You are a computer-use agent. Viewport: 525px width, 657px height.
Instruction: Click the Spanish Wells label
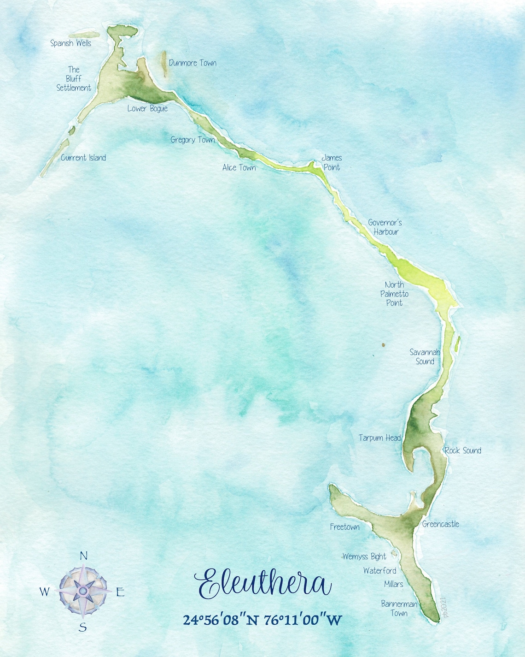pyautogui.click(x=70, y=43)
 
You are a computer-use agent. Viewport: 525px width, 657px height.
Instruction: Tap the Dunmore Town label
pyautogui.click(x=192, y=63)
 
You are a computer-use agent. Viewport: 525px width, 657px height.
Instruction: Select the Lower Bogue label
pyautogui.click(x=147, y=109)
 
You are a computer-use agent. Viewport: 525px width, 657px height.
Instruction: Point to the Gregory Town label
pyautogui.click(x=192, y=140)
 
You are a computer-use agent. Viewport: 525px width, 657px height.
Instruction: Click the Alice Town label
pyautogui.click(x=239, y=168)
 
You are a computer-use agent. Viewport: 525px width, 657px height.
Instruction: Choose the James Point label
pyautogui.click(x=332, y=162)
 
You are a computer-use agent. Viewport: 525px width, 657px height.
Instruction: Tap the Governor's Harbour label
pyautogui.click(x=385, y=227)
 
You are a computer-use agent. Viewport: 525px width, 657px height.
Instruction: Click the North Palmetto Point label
pyautogui.click(x=394, y=294)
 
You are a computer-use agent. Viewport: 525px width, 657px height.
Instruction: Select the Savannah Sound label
pyautogui.click(x=425, y=357)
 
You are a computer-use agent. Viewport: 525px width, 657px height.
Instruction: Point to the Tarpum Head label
pyautogui.click(x=379, y=438)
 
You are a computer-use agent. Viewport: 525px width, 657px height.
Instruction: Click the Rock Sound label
pyautogui.click(x=463, y=451)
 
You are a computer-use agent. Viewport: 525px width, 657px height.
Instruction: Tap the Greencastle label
pyautogui.click(x=440, y=524)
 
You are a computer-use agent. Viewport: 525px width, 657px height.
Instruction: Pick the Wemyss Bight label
pyautogui.click(x=364, y=557)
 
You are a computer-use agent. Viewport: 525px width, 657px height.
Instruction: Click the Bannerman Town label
pyautogui.click(x=399, y=609)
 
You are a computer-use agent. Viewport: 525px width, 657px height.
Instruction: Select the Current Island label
pyautogui.click(x=83, y=158)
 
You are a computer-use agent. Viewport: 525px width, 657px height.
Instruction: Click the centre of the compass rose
pyautogui.click(x=83, y=591)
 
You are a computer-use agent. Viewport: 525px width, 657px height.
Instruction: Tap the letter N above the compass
pyautogui.click(x=83, y=556)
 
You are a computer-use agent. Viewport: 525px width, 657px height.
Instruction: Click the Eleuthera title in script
pyautogui.click(x=262, y=584)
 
